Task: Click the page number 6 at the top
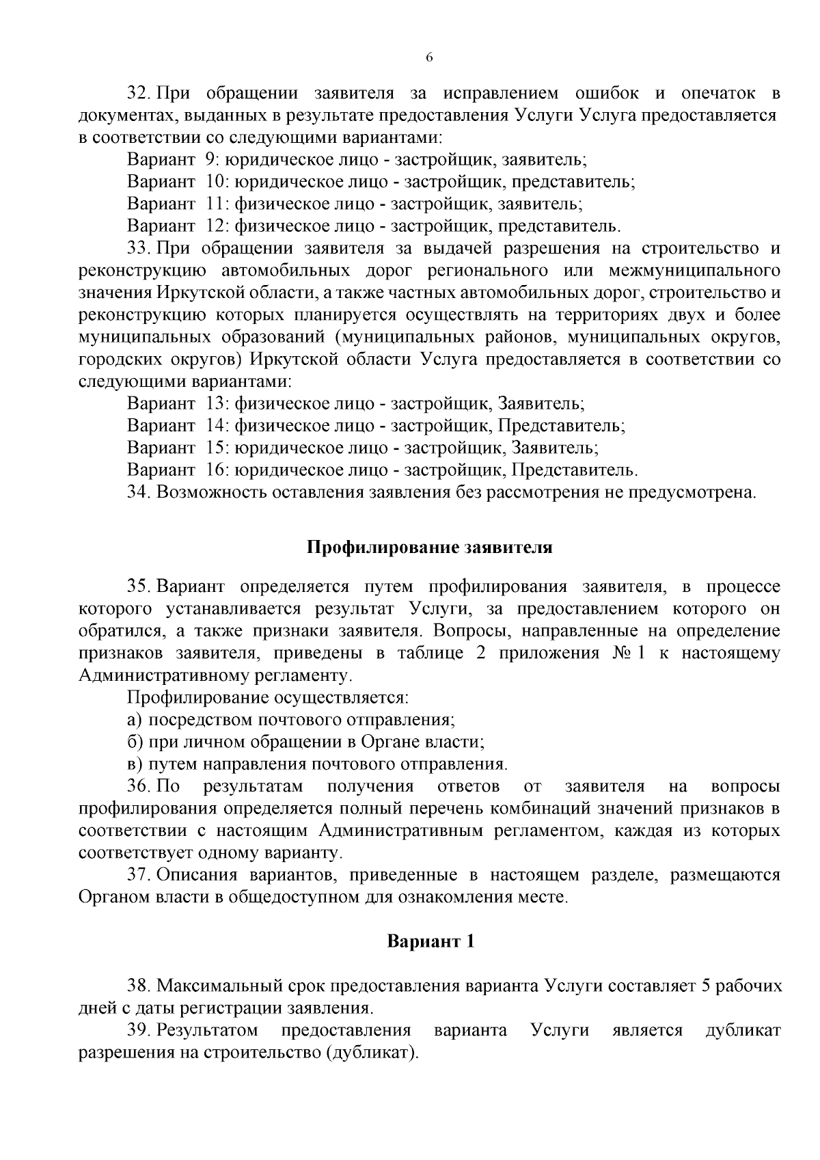(x=429, y=57)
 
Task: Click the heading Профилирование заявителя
(x=428, y=548)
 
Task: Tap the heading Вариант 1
(x=430, y=941)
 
